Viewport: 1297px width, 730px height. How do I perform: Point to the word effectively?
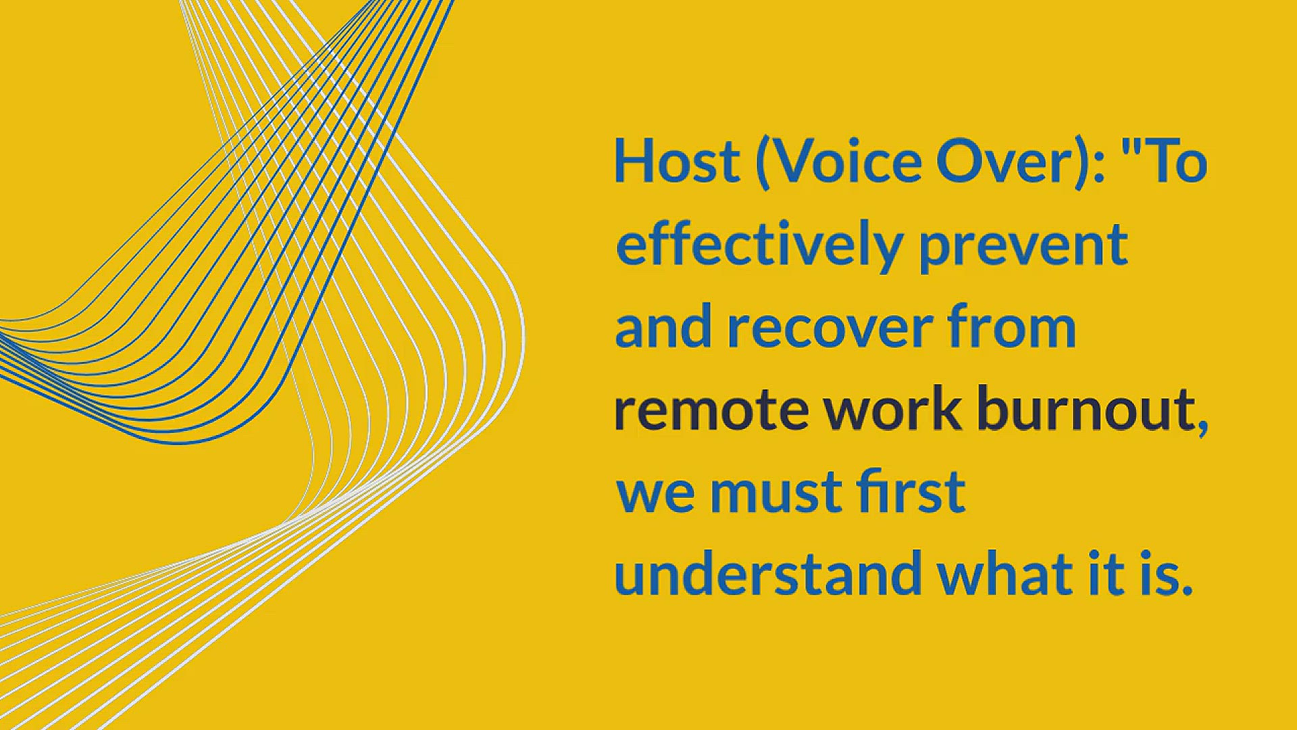pyautogui.click(x=759, y=245)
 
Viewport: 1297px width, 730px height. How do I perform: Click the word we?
pyautogui.click(x=655, y=497)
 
